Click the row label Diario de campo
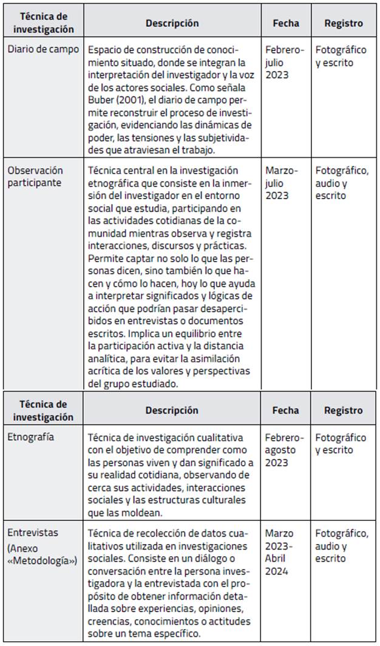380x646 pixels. [43, 49]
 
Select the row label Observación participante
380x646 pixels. [35, 177]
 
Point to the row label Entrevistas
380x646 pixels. [33, 532]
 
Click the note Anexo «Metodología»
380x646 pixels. [42, 552]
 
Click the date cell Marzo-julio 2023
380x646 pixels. [282, 183]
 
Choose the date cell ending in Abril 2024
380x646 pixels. [280, 552]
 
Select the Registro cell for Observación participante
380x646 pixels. [342, 183]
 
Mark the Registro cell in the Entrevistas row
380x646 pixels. [342, 546]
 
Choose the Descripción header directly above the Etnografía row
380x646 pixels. [172, 410]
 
